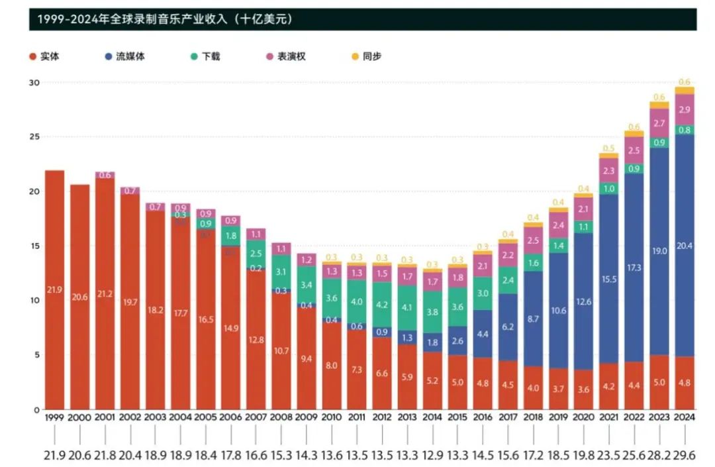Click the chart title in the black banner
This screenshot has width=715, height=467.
pos(165,20)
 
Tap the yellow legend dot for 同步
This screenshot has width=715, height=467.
pos(354,56)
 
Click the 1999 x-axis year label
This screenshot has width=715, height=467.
pos(54,418)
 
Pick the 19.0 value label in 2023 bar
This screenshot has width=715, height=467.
pos(659,252)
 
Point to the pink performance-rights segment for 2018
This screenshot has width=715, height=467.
pos(533,240)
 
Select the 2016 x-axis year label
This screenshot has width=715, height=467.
pos(483,418)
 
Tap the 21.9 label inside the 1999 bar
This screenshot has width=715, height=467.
pos(54,289)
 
